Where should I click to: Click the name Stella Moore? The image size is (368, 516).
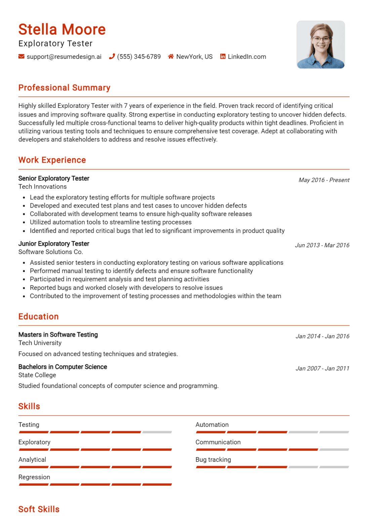[x=62, y=30]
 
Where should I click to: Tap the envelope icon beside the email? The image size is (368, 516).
[x=22, y=56]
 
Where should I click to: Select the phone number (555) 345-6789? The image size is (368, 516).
[x=139, y=57]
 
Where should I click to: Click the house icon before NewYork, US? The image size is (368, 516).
[x=171, y=56]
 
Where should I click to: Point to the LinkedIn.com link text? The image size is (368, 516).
[x=247, y=57]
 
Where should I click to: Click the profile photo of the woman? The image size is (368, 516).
[x=321, y=45]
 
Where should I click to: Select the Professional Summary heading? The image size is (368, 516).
[x=64, y=88]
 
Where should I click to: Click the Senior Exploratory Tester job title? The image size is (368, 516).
[x=54, y=178]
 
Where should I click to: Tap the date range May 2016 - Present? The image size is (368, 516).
[x=324, y=180]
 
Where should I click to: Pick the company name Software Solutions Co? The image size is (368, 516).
[x=50, y=252]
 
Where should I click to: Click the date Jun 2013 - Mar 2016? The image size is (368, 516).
[x=322, y=245]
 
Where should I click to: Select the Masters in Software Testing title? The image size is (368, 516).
[x=58, y=335]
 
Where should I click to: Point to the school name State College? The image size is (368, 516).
[x=37, y=375]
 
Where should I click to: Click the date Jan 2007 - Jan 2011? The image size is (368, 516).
[x=322, y=369]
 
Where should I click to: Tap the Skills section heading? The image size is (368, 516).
[x=29, y=406]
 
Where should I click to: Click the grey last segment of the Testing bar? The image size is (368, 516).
[x=157, y=432]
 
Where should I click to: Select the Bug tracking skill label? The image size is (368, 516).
[x=213, y=460]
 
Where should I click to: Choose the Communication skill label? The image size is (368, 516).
[x=218, y=442]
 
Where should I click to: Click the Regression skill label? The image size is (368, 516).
[x=34, y=477]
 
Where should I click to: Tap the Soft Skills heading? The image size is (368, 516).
[x=39, y=509]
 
